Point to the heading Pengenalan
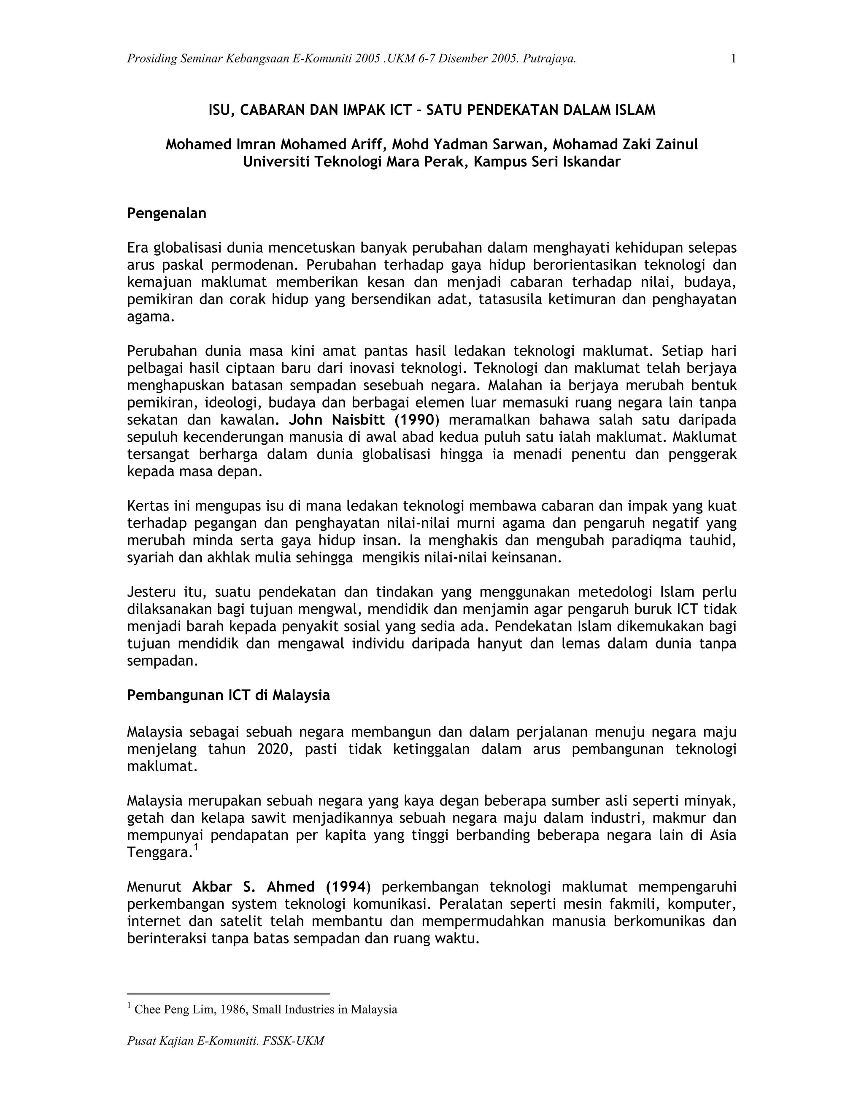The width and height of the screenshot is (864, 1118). point(166,213)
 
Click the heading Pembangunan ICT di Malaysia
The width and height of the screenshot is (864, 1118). point(228,696)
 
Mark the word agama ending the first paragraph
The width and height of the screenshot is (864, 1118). point(149,317)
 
